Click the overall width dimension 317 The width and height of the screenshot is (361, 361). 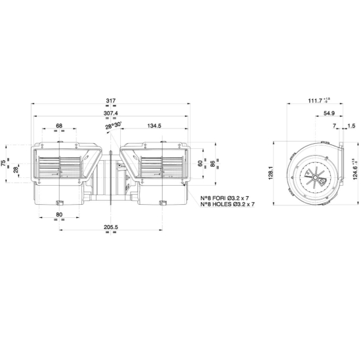click(110, 100)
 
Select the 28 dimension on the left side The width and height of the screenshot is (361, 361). click(16, 170)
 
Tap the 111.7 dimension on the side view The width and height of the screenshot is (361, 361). click(316, 100)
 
